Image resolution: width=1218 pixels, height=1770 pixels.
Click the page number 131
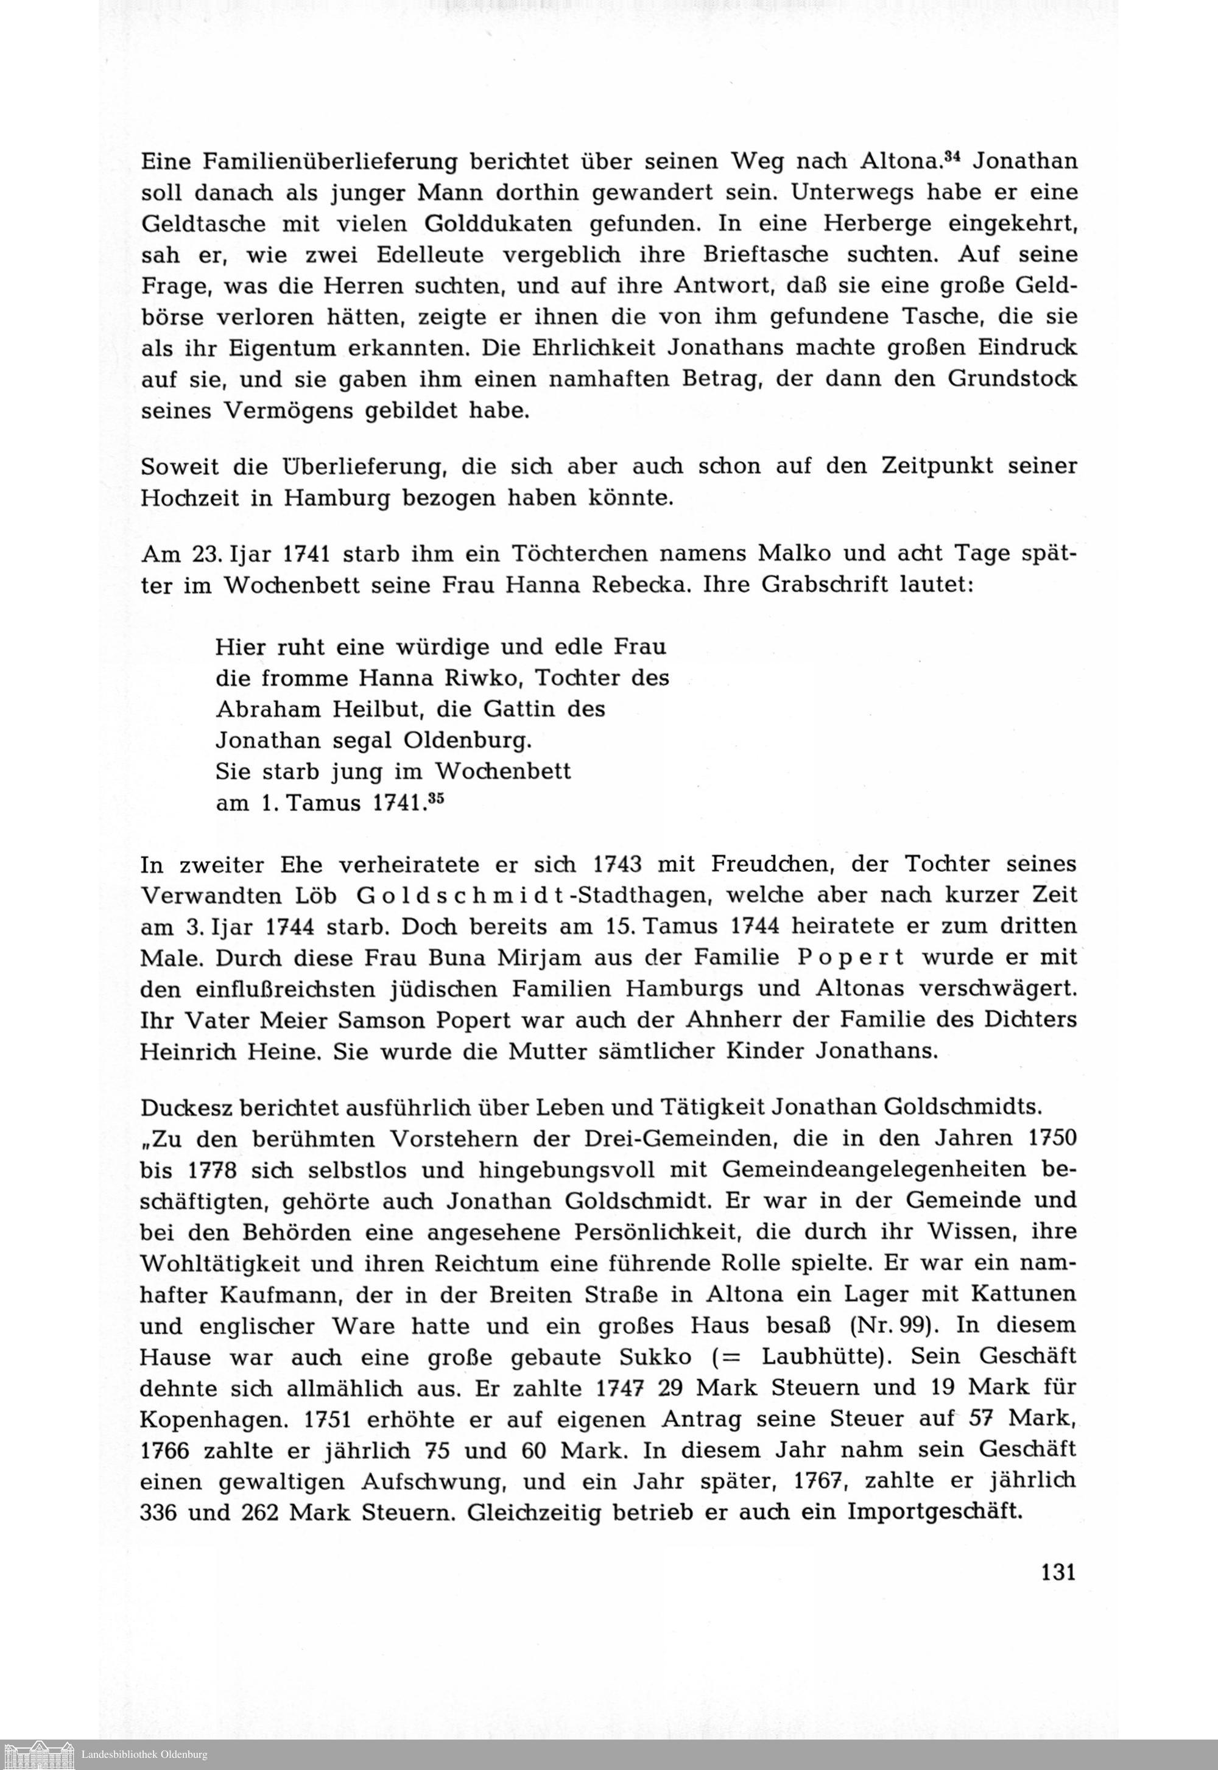(1058, 1572)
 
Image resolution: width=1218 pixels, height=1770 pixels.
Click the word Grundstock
(1012, 380)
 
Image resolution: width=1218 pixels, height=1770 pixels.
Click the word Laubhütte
(824, 1357)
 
